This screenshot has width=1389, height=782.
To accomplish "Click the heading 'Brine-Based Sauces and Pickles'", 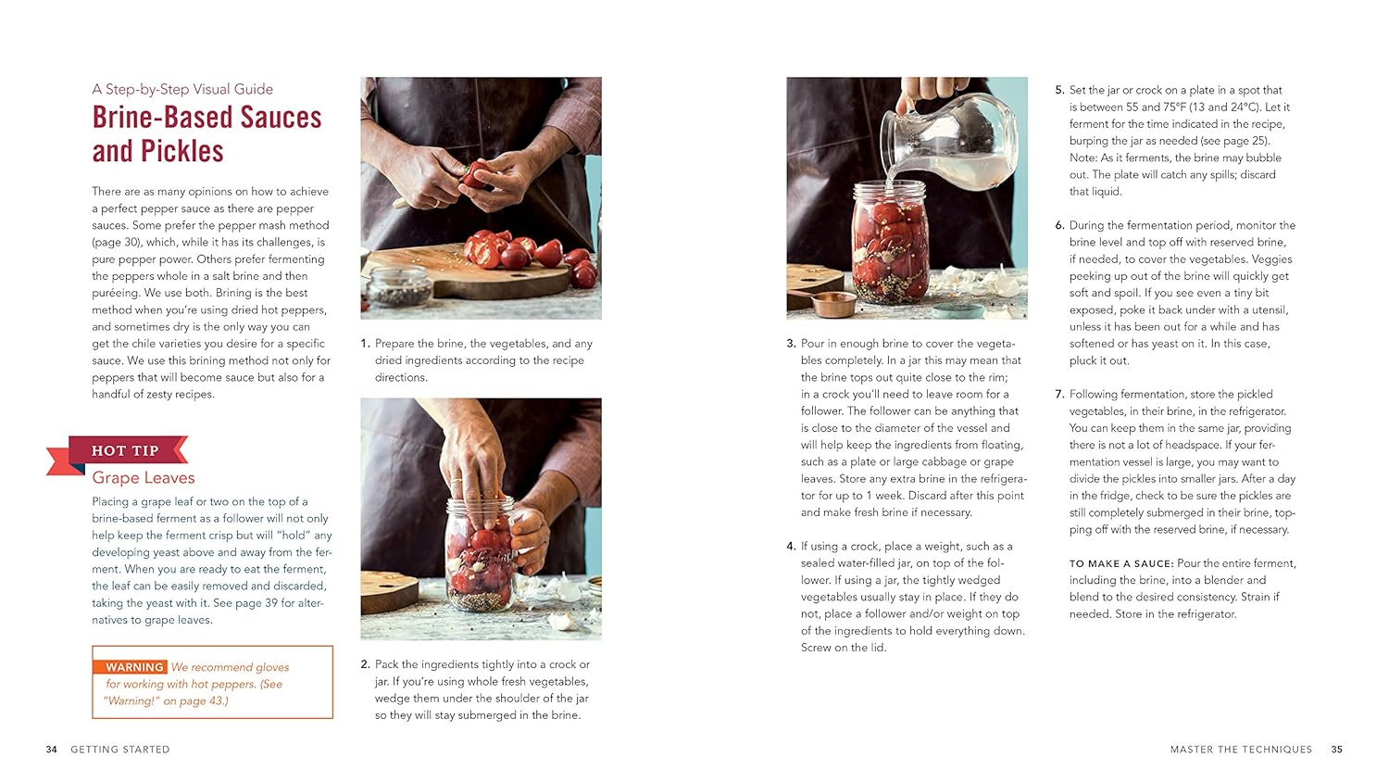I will pos(206,134).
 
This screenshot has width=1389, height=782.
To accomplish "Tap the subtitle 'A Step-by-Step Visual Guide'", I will pos(182,89).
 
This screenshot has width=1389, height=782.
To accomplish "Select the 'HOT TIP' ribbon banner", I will pos(124,451).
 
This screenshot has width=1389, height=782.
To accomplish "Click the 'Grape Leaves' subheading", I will pos(144,478).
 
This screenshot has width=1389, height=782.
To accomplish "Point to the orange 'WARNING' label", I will pos(134,667).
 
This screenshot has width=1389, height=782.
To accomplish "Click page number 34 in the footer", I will pos(51,750).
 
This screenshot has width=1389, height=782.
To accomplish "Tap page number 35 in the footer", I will pos(1336,750).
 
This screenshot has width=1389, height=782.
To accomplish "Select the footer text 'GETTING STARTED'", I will pos(120,750).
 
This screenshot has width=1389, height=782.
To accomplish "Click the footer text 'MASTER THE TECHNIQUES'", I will pos(1241,750).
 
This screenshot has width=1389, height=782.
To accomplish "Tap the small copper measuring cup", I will pos(829,305).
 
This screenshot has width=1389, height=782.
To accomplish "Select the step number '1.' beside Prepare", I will pos(365,344).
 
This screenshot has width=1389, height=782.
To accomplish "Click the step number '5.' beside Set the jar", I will pos(1059,91).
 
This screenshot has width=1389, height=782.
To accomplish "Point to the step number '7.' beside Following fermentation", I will pos(1059,395).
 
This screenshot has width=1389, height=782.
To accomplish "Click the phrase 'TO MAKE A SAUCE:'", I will pos(1120,563).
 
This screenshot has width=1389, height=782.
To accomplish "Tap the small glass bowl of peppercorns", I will pos(399,287).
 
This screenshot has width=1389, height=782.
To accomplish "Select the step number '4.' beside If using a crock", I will pos(791,547).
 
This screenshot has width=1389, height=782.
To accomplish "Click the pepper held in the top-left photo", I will pos(475,173).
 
